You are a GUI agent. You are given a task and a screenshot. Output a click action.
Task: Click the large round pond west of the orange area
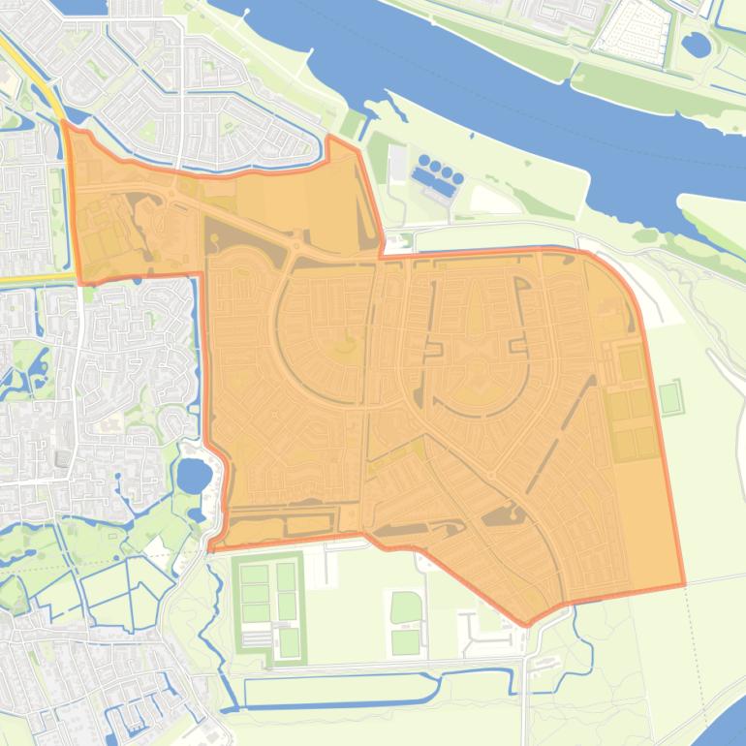tap(194, 476)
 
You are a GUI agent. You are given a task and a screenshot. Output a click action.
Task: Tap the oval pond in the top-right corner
tap(695, 43)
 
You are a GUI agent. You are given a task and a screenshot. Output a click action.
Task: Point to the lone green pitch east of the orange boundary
tap(668, 397)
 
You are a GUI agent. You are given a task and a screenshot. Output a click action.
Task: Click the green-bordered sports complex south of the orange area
tap(267, 608)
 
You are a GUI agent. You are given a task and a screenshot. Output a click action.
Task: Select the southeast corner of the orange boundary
tap(684, 585)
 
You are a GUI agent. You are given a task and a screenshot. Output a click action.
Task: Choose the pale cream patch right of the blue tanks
tap(494, 200)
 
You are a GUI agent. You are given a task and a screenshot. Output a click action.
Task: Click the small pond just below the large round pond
tap(195, 513)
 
